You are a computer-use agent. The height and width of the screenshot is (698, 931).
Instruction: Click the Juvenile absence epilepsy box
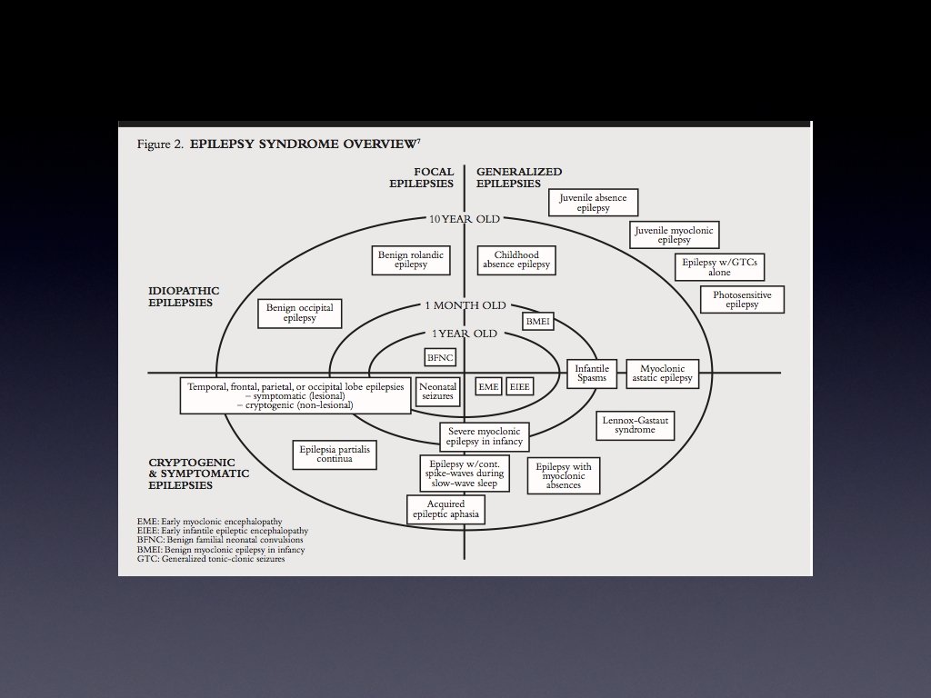click(593, 202)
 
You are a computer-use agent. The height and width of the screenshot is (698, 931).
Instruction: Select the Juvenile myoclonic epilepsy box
click(675, 235)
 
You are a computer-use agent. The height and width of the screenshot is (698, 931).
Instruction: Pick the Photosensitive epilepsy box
click(742, 300)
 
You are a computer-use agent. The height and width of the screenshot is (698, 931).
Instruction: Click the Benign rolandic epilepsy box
click(411, 260)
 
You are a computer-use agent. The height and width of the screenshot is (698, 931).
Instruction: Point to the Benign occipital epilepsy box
click(299, 313)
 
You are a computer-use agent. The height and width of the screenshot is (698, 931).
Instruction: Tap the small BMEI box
click(538, 322)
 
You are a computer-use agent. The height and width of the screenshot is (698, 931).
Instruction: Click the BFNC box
click(440, 357)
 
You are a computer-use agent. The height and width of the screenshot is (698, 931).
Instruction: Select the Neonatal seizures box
click(437, 391)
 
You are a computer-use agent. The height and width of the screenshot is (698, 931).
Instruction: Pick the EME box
click(489, 386)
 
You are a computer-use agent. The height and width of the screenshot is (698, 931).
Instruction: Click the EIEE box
click(520, 386)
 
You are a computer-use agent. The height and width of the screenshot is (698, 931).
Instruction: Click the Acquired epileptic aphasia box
click(445, 509)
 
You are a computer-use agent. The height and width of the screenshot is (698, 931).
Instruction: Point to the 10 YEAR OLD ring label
click(465, 219)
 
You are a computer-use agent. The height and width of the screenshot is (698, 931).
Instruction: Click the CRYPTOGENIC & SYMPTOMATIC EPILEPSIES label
click(198, 474)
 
